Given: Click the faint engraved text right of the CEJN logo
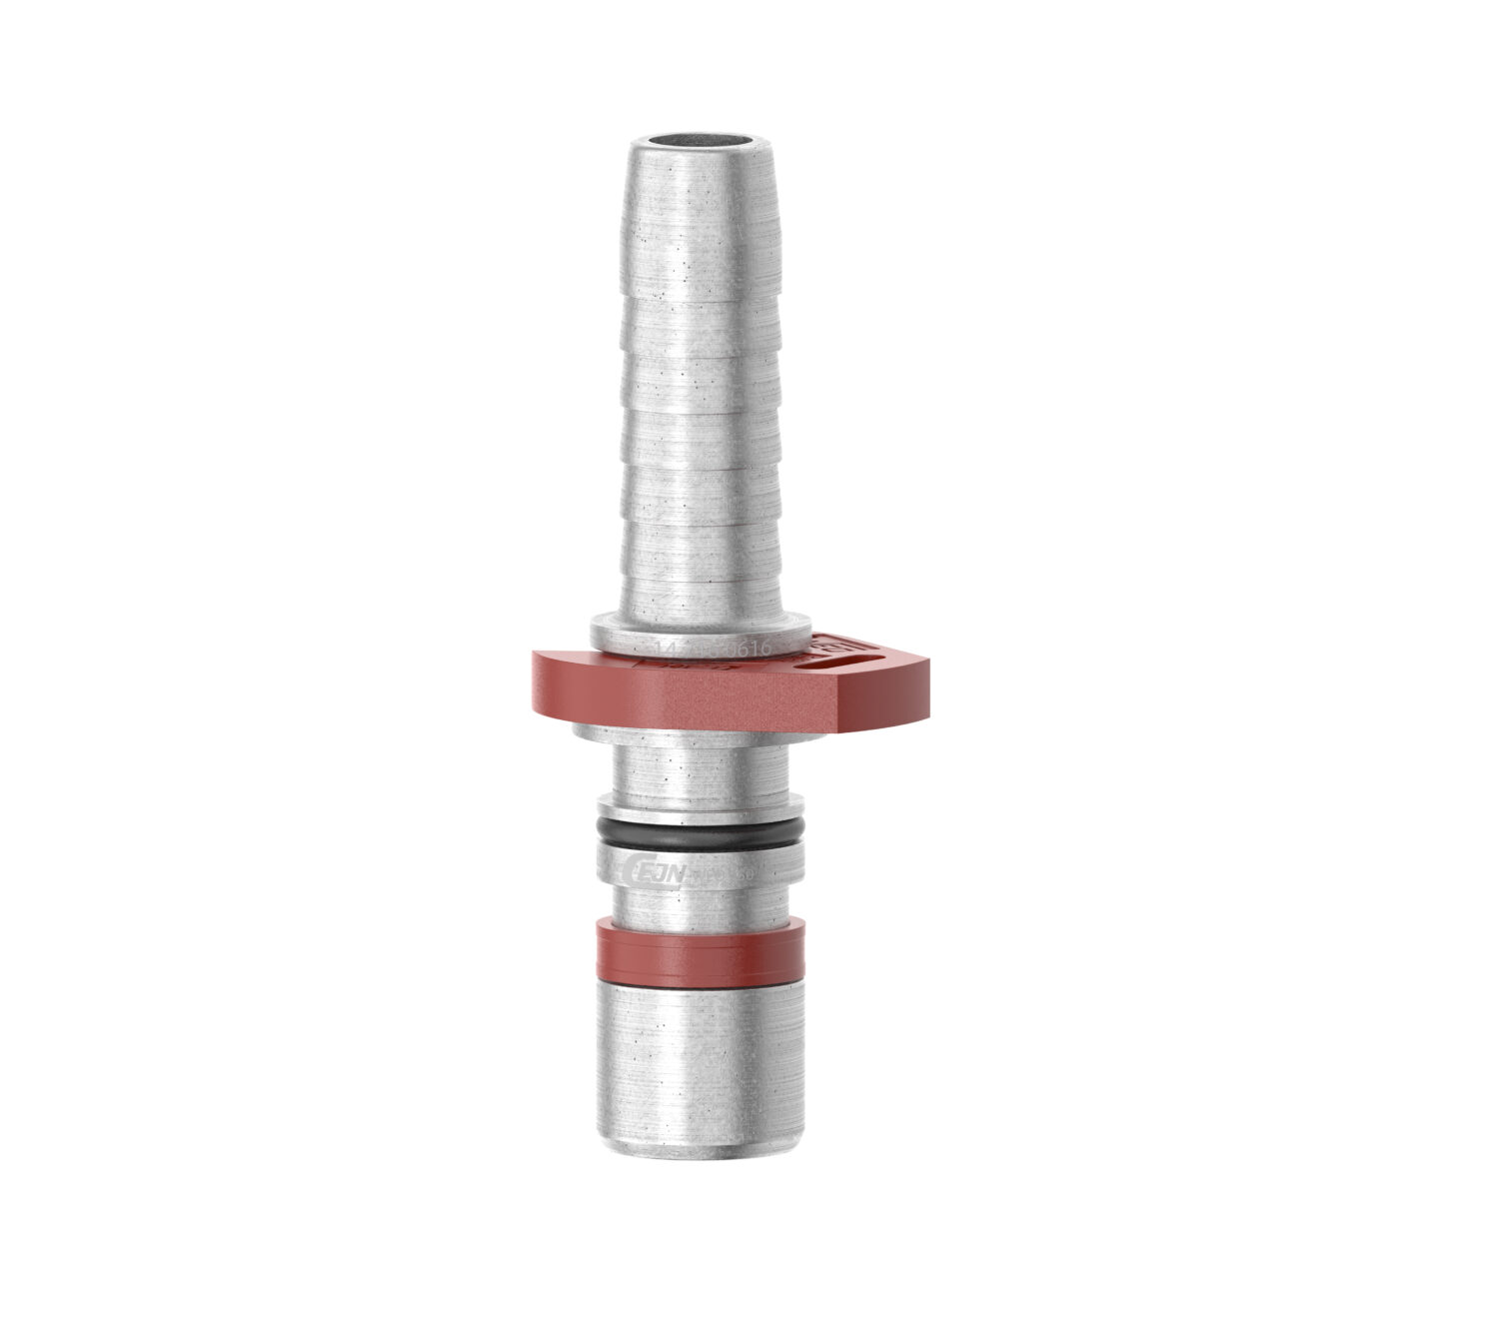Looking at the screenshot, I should pyautogui.click(x=735, y=875).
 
